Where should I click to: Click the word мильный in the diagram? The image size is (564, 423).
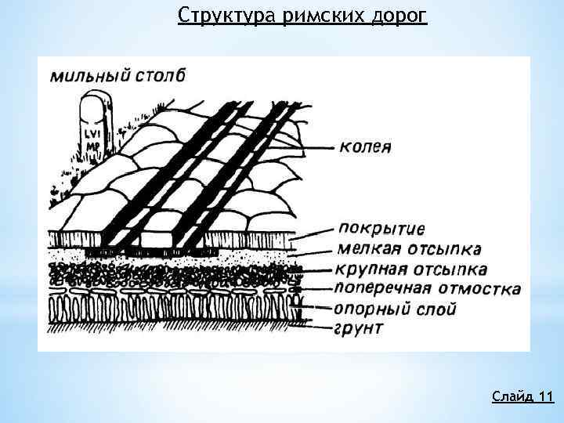pos(85,76)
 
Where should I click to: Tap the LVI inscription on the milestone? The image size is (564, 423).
pos(92,132)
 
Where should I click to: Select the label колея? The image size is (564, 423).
pos(366,146)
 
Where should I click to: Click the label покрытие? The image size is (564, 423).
pos(381,230)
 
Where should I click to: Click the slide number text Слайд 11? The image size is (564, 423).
pos(522,396)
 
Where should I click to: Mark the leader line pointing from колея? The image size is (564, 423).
pos(317,146)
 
